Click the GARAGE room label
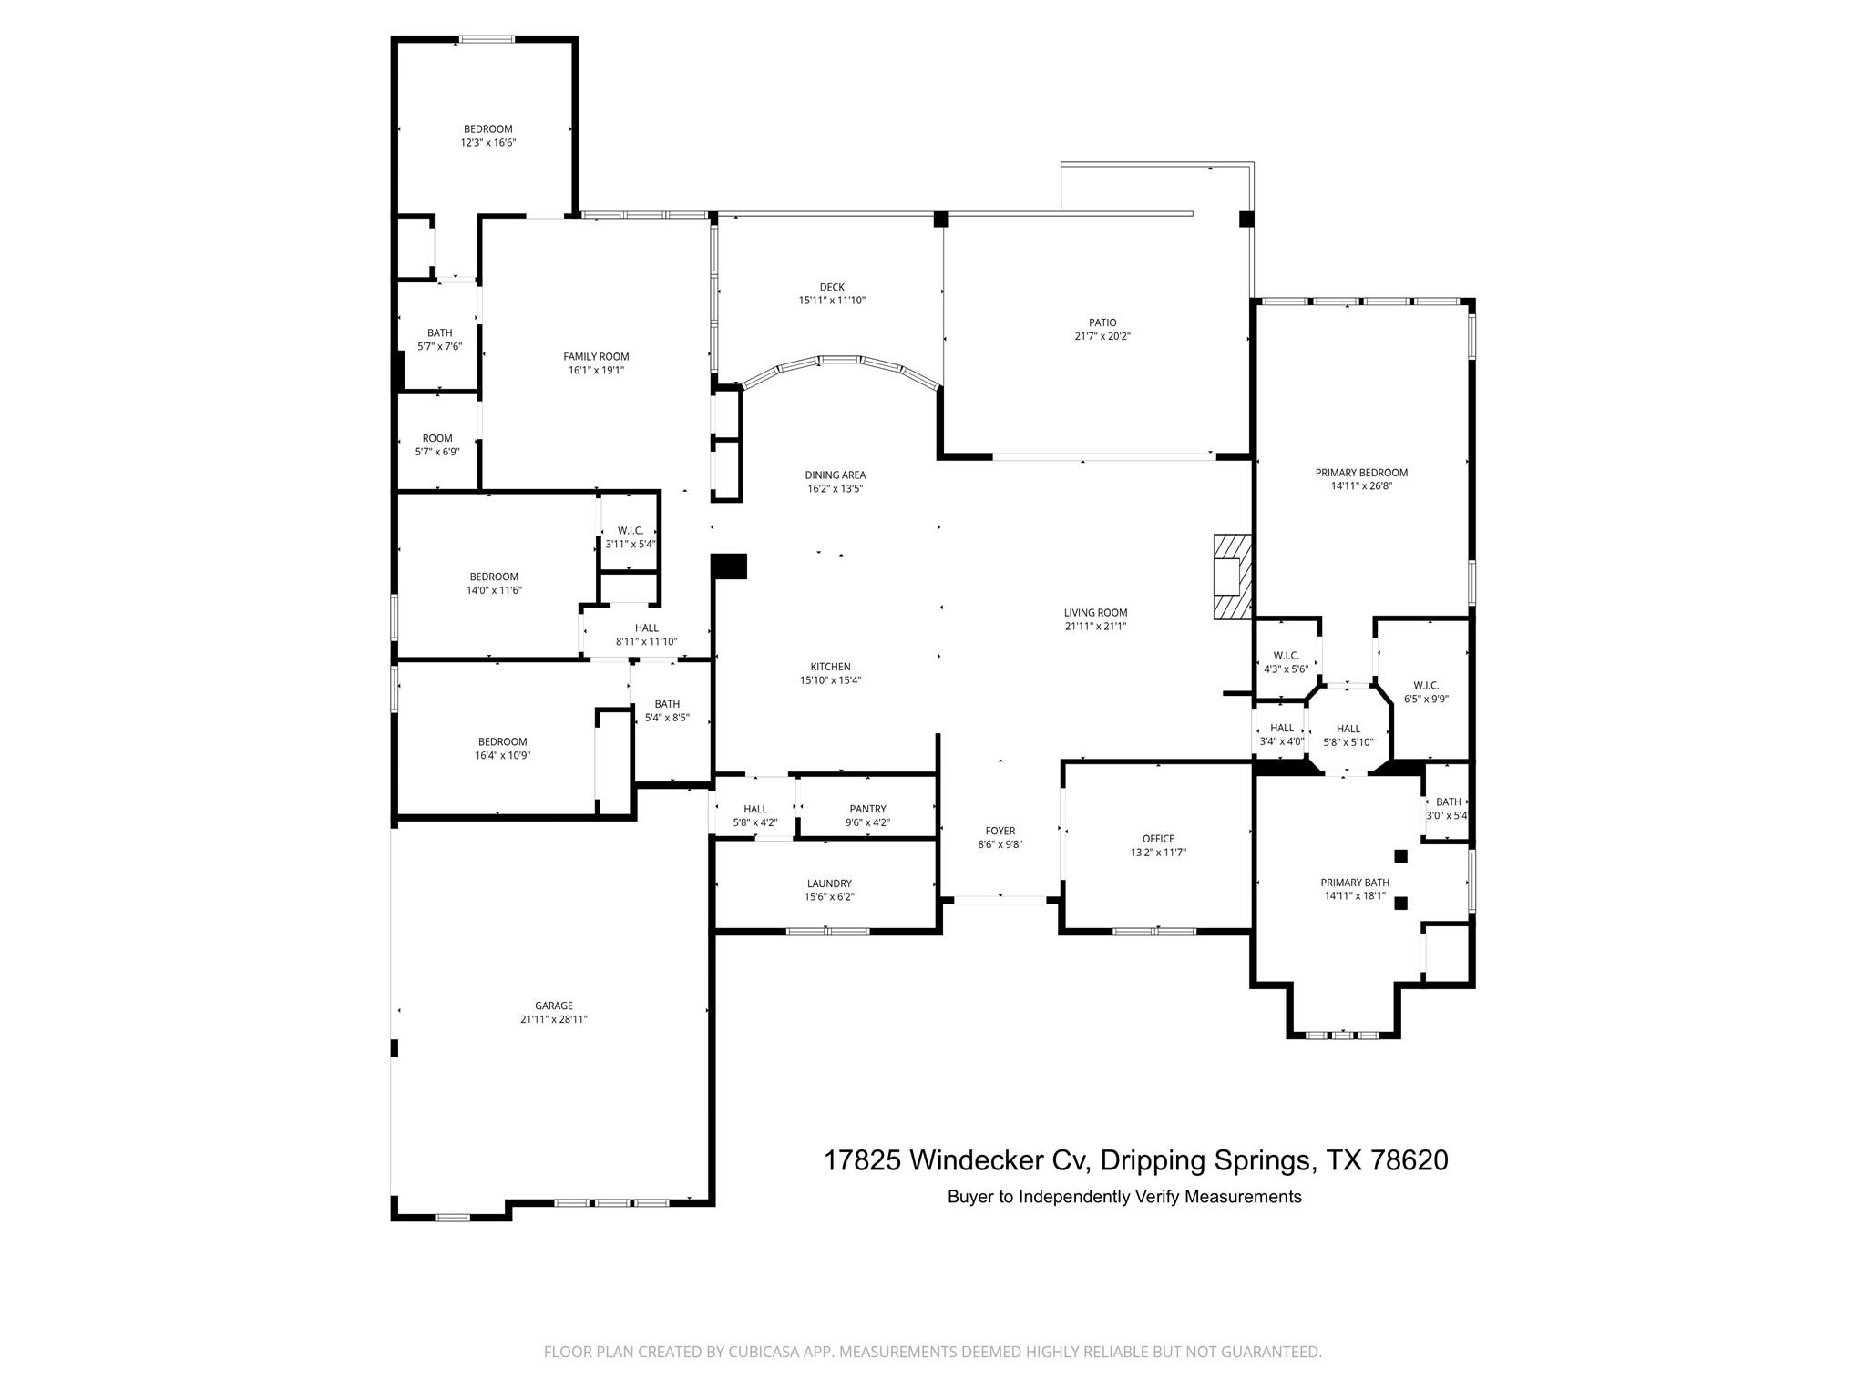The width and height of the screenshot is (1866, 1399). (x=553, y=1006)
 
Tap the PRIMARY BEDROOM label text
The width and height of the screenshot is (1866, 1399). (x=1361, y=473)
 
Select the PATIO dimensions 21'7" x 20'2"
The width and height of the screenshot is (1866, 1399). (x=1102, y=336)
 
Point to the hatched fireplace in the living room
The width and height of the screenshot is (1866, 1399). (x=1233, y=577)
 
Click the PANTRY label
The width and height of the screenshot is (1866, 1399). (x=867, y=809)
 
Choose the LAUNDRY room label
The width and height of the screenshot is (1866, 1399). (x=829, y=883)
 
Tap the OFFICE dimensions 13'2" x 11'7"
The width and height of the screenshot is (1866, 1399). (x=1158, y=853)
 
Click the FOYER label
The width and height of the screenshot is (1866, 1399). (x=1000, y=831)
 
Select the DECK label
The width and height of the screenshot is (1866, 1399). (x=832, y=287)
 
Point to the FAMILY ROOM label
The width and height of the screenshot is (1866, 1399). (x=596, y=357)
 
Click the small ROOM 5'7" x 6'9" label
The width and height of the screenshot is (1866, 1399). (x=437, y=438)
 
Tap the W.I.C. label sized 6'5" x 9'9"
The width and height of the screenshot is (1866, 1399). (x=1426, y=686)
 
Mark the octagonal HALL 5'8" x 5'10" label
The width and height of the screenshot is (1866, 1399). (x=1348, y=729)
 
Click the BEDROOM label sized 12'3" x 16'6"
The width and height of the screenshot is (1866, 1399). (x=487, y=129)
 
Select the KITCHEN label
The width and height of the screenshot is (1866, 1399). (x=830, y=667)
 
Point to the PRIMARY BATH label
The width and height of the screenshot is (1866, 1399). (x=1355, y=883)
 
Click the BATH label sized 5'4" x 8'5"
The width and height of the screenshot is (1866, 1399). (x=667, y=704)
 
